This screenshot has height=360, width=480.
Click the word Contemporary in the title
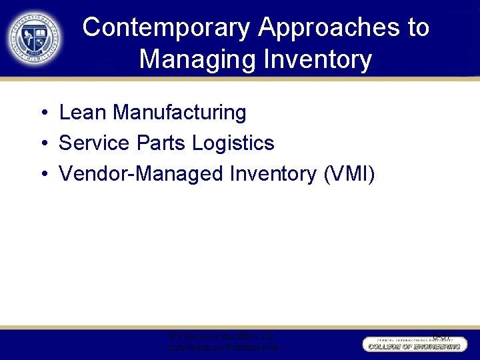tap(167, 27)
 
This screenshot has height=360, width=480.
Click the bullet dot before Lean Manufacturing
tap(42, 113)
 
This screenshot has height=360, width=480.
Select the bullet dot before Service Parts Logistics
tap(42, 143)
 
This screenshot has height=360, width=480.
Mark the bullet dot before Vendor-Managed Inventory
tap(42, 174)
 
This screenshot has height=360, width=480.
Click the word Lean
tap(83, 113)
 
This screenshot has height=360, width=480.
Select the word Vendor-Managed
tap(141, 173)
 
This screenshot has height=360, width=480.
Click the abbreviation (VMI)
tap(349, 173)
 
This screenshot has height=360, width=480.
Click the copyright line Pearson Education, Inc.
tap(222, 336)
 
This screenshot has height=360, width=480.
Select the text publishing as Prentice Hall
tap(224, 348)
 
